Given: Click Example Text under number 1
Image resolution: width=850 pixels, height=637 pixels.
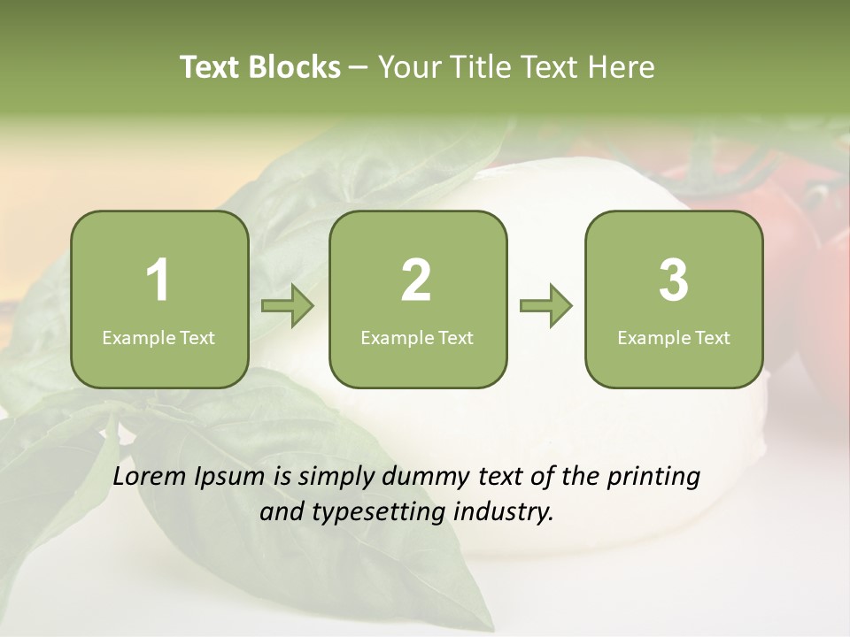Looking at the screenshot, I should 158,337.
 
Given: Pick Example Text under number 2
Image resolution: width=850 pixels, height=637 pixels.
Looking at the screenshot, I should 417,337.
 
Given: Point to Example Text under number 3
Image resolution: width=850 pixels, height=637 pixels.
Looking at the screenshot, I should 674,337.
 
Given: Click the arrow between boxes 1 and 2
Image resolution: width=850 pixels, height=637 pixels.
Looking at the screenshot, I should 288,307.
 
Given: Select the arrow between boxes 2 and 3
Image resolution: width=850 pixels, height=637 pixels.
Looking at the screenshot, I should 545,307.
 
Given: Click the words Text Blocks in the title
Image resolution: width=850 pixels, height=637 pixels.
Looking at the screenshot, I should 260,67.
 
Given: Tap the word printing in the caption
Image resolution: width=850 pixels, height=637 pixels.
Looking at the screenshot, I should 653,478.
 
